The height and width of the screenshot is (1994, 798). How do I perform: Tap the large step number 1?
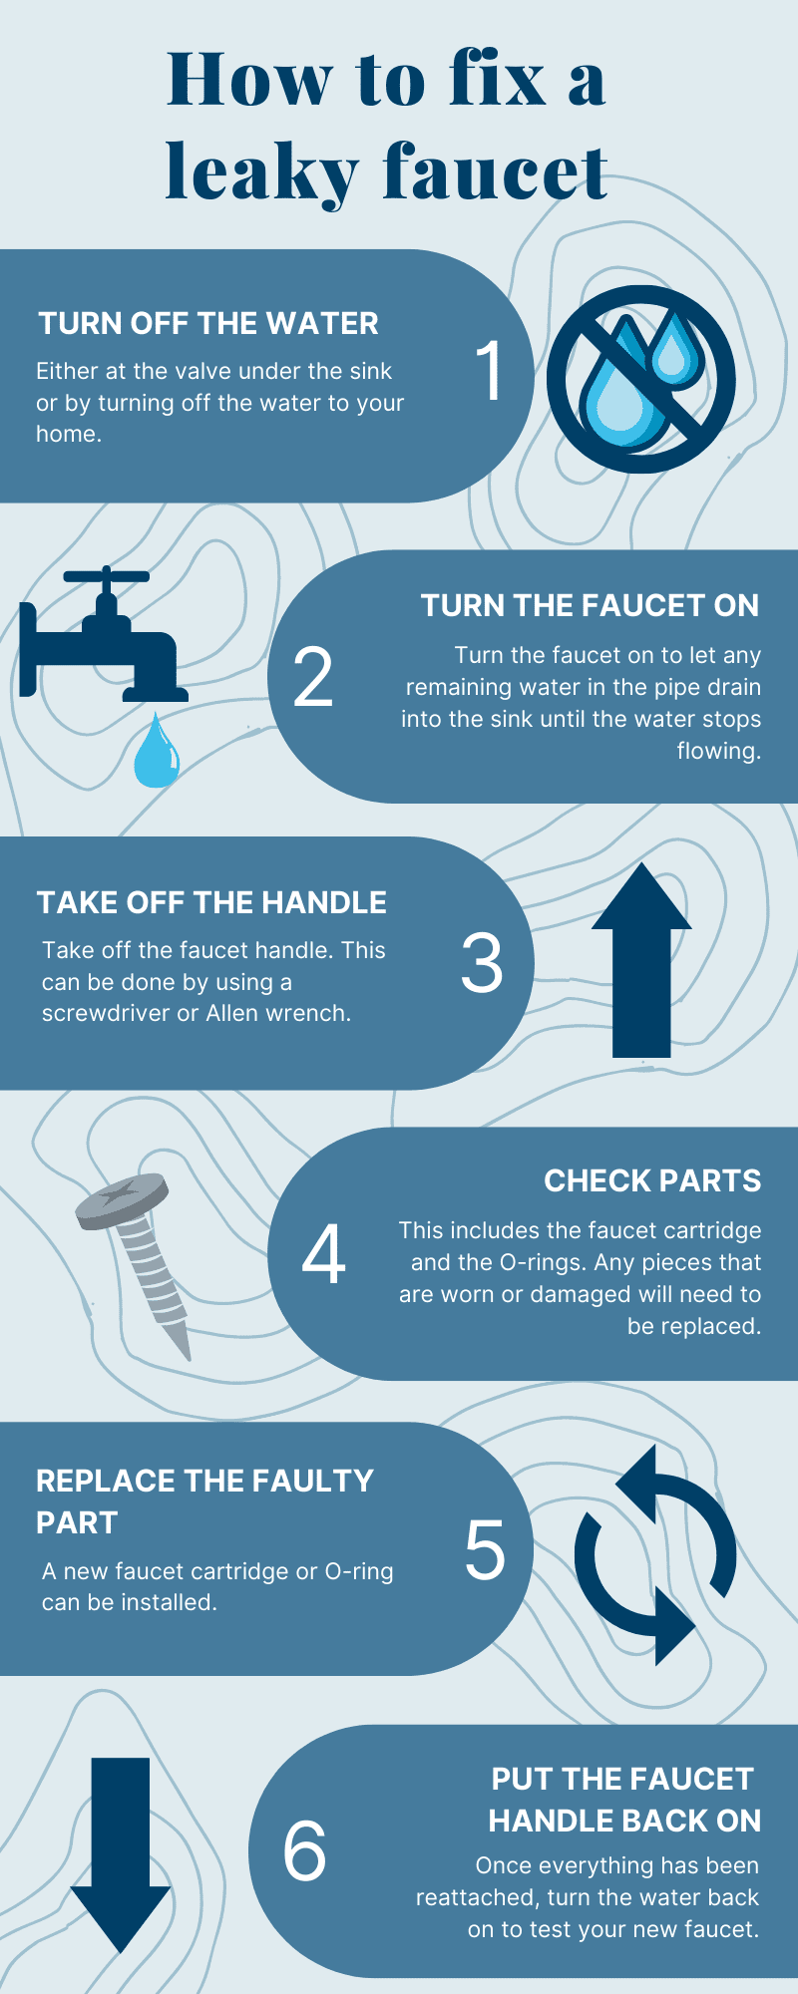[x=490, y=371]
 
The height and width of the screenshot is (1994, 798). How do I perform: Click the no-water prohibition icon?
[x=639, y=379]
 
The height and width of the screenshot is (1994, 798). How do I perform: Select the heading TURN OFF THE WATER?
[x=208, y=324]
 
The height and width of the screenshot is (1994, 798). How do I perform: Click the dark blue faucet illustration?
[x=100, y=638]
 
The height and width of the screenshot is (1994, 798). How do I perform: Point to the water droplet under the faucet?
[x=157, y=752]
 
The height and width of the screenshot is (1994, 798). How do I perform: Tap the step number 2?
[x=313, y=678]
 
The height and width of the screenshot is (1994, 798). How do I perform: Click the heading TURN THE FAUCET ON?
[x=590, y=606]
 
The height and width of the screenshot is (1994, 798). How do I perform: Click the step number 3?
[x=482, y=963]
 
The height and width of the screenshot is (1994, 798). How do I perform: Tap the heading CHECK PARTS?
[x=652, y=1181]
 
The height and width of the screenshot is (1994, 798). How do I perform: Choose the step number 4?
[x=323, y=1255]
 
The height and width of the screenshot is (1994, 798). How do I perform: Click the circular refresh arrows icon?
[x=654, y=1554]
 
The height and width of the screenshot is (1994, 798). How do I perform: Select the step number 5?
[x=485, y=1550]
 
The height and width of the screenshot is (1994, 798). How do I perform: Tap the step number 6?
[x=304, y=1849]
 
